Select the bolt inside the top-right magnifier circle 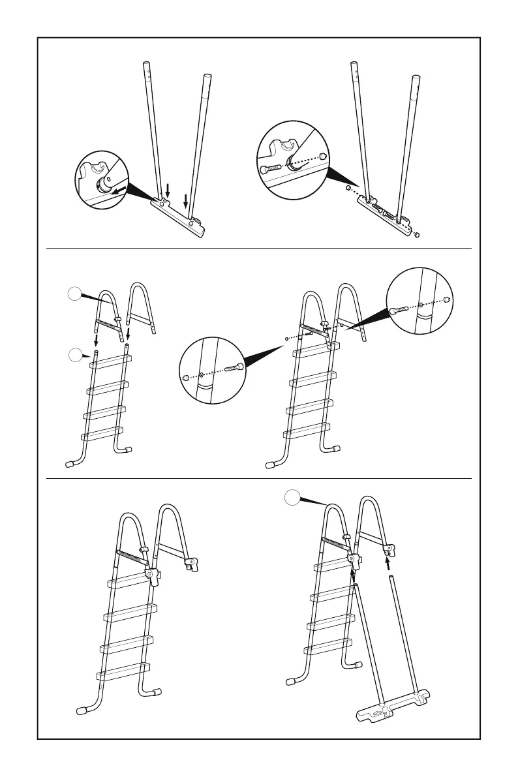point(271,168)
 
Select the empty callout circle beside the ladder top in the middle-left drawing point(76,356)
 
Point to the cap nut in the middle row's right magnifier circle point(446,299)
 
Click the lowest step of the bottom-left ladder point(124,671)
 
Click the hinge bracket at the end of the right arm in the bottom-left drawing point(192,563)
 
